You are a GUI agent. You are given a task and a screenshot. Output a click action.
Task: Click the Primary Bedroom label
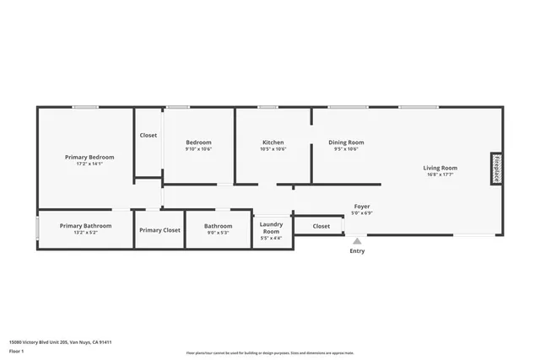point(89,157)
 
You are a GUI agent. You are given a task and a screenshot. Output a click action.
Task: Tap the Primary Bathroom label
point(85,225)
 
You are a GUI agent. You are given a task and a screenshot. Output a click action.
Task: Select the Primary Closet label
point(159,230)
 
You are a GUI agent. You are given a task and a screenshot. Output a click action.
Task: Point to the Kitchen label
point(273,142)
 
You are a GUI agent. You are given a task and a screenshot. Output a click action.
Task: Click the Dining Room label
point(346,142)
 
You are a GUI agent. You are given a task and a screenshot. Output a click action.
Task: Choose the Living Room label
point(440,168)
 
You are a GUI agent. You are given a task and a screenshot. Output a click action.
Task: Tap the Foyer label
point(361,207)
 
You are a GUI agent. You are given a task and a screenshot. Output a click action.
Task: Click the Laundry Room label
point(272,228)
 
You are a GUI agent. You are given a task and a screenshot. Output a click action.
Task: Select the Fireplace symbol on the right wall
point(497,168)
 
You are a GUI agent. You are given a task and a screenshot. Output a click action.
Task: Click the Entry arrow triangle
point(357,240)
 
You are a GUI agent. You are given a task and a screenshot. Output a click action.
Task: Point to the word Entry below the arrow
point(357,250)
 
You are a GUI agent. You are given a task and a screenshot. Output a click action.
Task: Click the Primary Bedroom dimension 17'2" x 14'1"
point(89,164)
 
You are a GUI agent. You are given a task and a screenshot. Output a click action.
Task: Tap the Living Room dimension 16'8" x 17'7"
point(440,175)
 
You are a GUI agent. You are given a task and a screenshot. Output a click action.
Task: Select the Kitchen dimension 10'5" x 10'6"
point(273,149)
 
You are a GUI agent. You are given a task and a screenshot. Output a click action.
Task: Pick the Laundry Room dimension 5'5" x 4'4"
point(272,239)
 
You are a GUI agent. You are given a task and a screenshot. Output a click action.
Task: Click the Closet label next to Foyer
point(321,226)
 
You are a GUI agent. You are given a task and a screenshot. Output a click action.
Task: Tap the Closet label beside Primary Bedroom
point(148,135)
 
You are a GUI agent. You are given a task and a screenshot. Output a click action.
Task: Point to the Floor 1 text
point(17,351)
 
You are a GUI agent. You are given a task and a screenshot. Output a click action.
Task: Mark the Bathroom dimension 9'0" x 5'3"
point(218,233)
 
